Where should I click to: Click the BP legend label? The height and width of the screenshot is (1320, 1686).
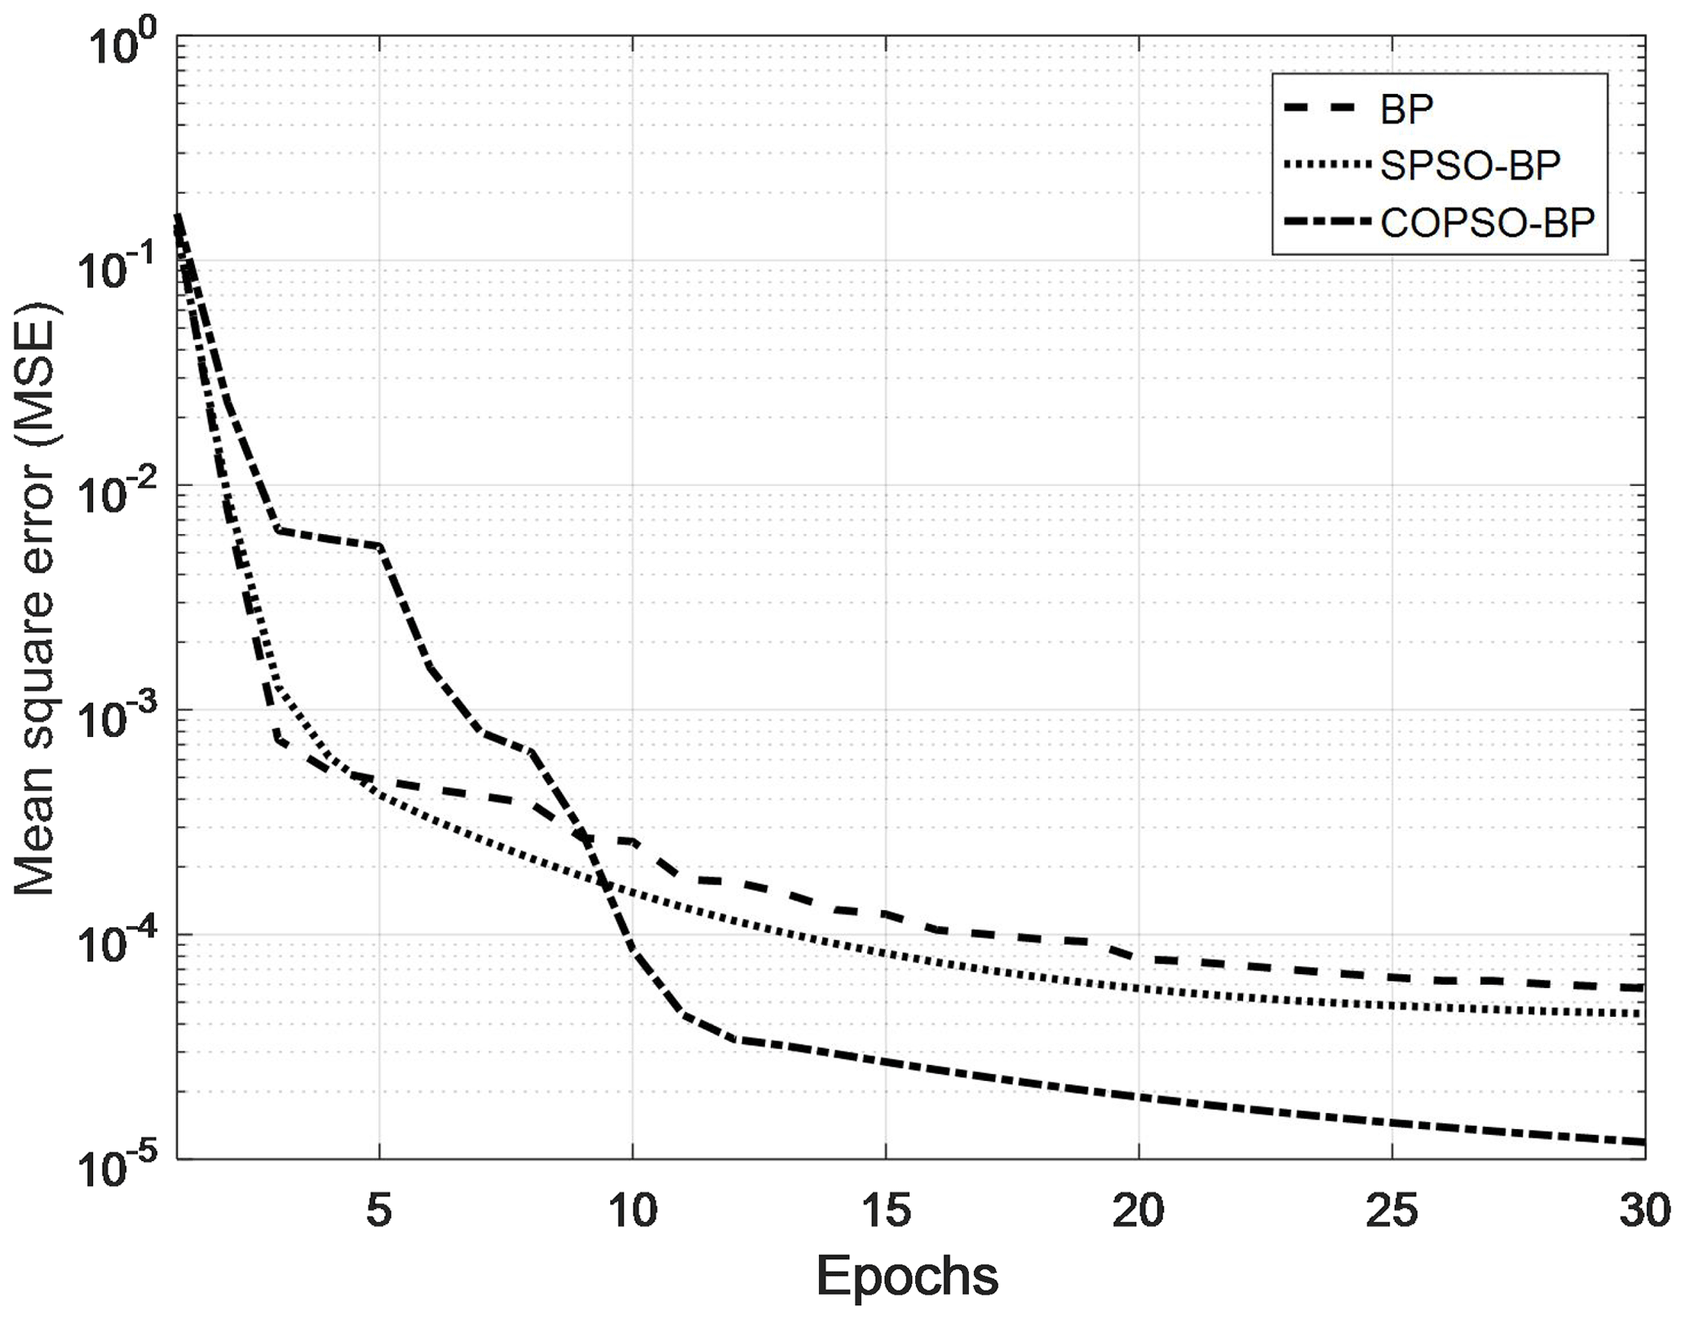[1406, 109]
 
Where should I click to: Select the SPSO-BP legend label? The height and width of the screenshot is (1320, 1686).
[1470, 166]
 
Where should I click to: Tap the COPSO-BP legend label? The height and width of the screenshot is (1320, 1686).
[1487, 223]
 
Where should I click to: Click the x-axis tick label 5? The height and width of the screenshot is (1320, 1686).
[379, 1212]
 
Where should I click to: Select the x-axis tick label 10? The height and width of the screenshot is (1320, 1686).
[633, 1212]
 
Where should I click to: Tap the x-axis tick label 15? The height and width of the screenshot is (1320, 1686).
[886, 1212]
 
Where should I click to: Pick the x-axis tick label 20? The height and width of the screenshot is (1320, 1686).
[1139, 1212]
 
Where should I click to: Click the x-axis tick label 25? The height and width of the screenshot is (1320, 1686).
[1392, 1212]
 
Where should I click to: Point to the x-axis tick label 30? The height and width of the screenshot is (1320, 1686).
[1644, 1212]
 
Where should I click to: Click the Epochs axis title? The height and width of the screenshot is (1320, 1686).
[907, 1277]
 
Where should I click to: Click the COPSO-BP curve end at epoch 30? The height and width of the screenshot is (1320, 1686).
[1642, 1141]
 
